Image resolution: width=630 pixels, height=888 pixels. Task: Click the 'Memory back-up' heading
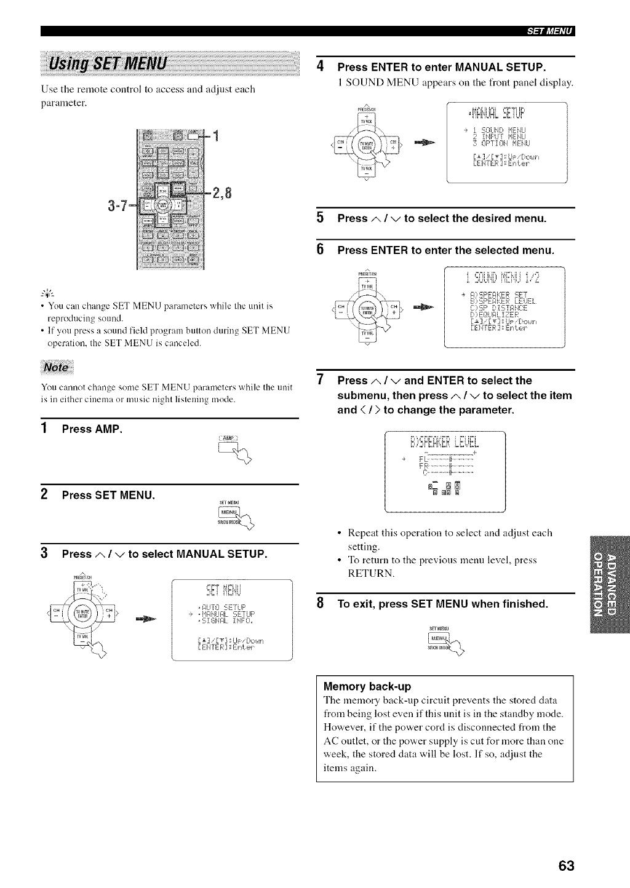point(367,686)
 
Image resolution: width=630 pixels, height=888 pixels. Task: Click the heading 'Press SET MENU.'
point(108,495)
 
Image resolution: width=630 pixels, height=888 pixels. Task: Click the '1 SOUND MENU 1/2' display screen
point(504,308)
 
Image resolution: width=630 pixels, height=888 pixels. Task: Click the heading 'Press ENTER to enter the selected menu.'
point(445,250)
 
